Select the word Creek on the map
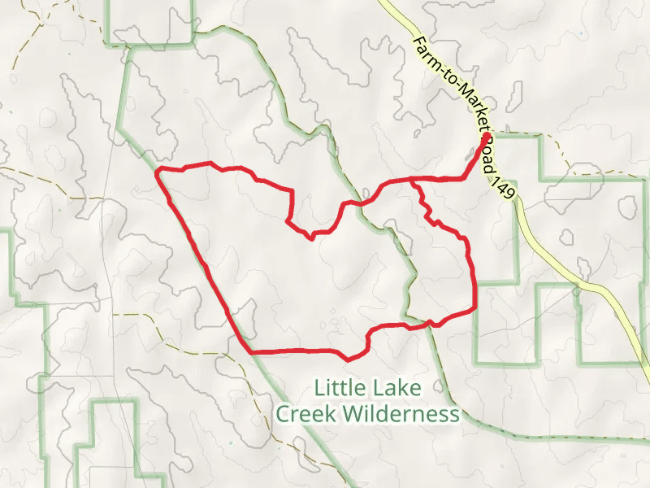[305, 414]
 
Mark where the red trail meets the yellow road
[486, 137]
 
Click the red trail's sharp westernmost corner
[157, 172]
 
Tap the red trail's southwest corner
[250, 352]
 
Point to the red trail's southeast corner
[474, 310]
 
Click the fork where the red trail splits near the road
[412, 178]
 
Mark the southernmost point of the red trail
[349, 359]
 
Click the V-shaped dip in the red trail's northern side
[311, 237]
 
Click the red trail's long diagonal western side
[203, 261]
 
